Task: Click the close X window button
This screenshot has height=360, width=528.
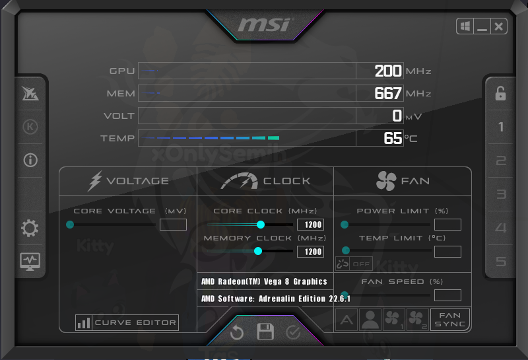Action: [x=499, y=26]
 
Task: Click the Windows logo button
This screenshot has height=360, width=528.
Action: [x=465, y=26]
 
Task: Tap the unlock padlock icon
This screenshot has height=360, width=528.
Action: [x=500, y=93]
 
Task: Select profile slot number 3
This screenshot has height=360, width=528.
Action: [x=501, y=194]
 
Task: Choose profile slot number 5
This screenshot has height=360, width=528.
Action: [x=501, y=262]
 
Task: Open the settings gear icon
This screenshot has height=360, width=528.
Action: [x=30, y=228]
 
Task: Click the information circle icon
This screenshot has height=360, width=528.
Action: [x=30, y=160]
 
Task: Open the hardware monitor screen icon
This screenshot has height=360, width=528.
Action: [x=30, y=262]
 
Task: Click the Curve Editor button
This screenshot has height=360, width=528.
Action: [x=127, y=322]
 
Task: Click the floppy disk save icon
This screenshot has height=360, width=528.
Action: [x=265, y=332]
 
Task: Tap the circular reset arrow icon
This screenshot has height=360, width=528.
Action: [x=237, y=333]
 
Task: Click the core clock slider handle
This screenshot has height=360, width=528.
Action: [x=261, y=225]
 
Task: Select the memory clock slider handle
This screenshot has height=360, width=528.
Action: [x=258, y=251]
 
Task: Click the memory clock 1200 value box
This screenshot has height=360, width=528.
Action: [x=310, y=252]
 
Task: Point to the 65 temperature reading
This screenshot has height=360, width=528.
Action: [x=393, y=138]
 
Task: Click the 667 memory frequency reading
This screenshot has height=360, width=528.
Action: [x=388, y=93]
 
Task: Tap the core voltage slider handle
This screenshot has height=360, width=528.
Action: [x=70, y=225]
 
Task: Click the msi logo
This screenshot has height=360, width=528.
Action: [x=264, y=24]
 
